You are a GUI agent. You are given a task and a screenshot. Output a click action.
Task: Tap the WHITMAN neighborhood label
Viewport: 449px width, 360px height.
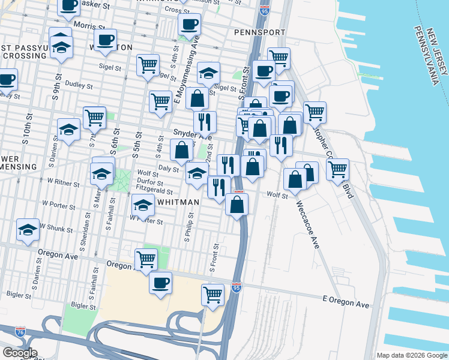178,202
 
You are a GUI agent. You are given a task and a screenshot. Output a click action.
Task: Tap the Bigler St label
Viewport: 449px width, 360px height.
19,295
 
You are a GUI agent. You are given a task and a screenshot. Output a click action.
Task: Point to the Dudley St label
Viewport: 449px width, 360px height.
77,85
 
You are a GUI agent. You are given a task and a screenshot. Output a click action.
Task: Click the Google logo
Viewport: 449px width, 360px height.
19,353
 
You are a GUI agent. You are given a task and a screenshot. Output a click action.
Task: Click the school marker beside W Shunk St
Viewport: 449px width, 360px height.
27,230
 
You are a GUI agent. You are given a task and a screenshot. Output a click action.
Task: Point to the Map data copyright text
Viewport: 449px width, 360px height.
411,355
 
